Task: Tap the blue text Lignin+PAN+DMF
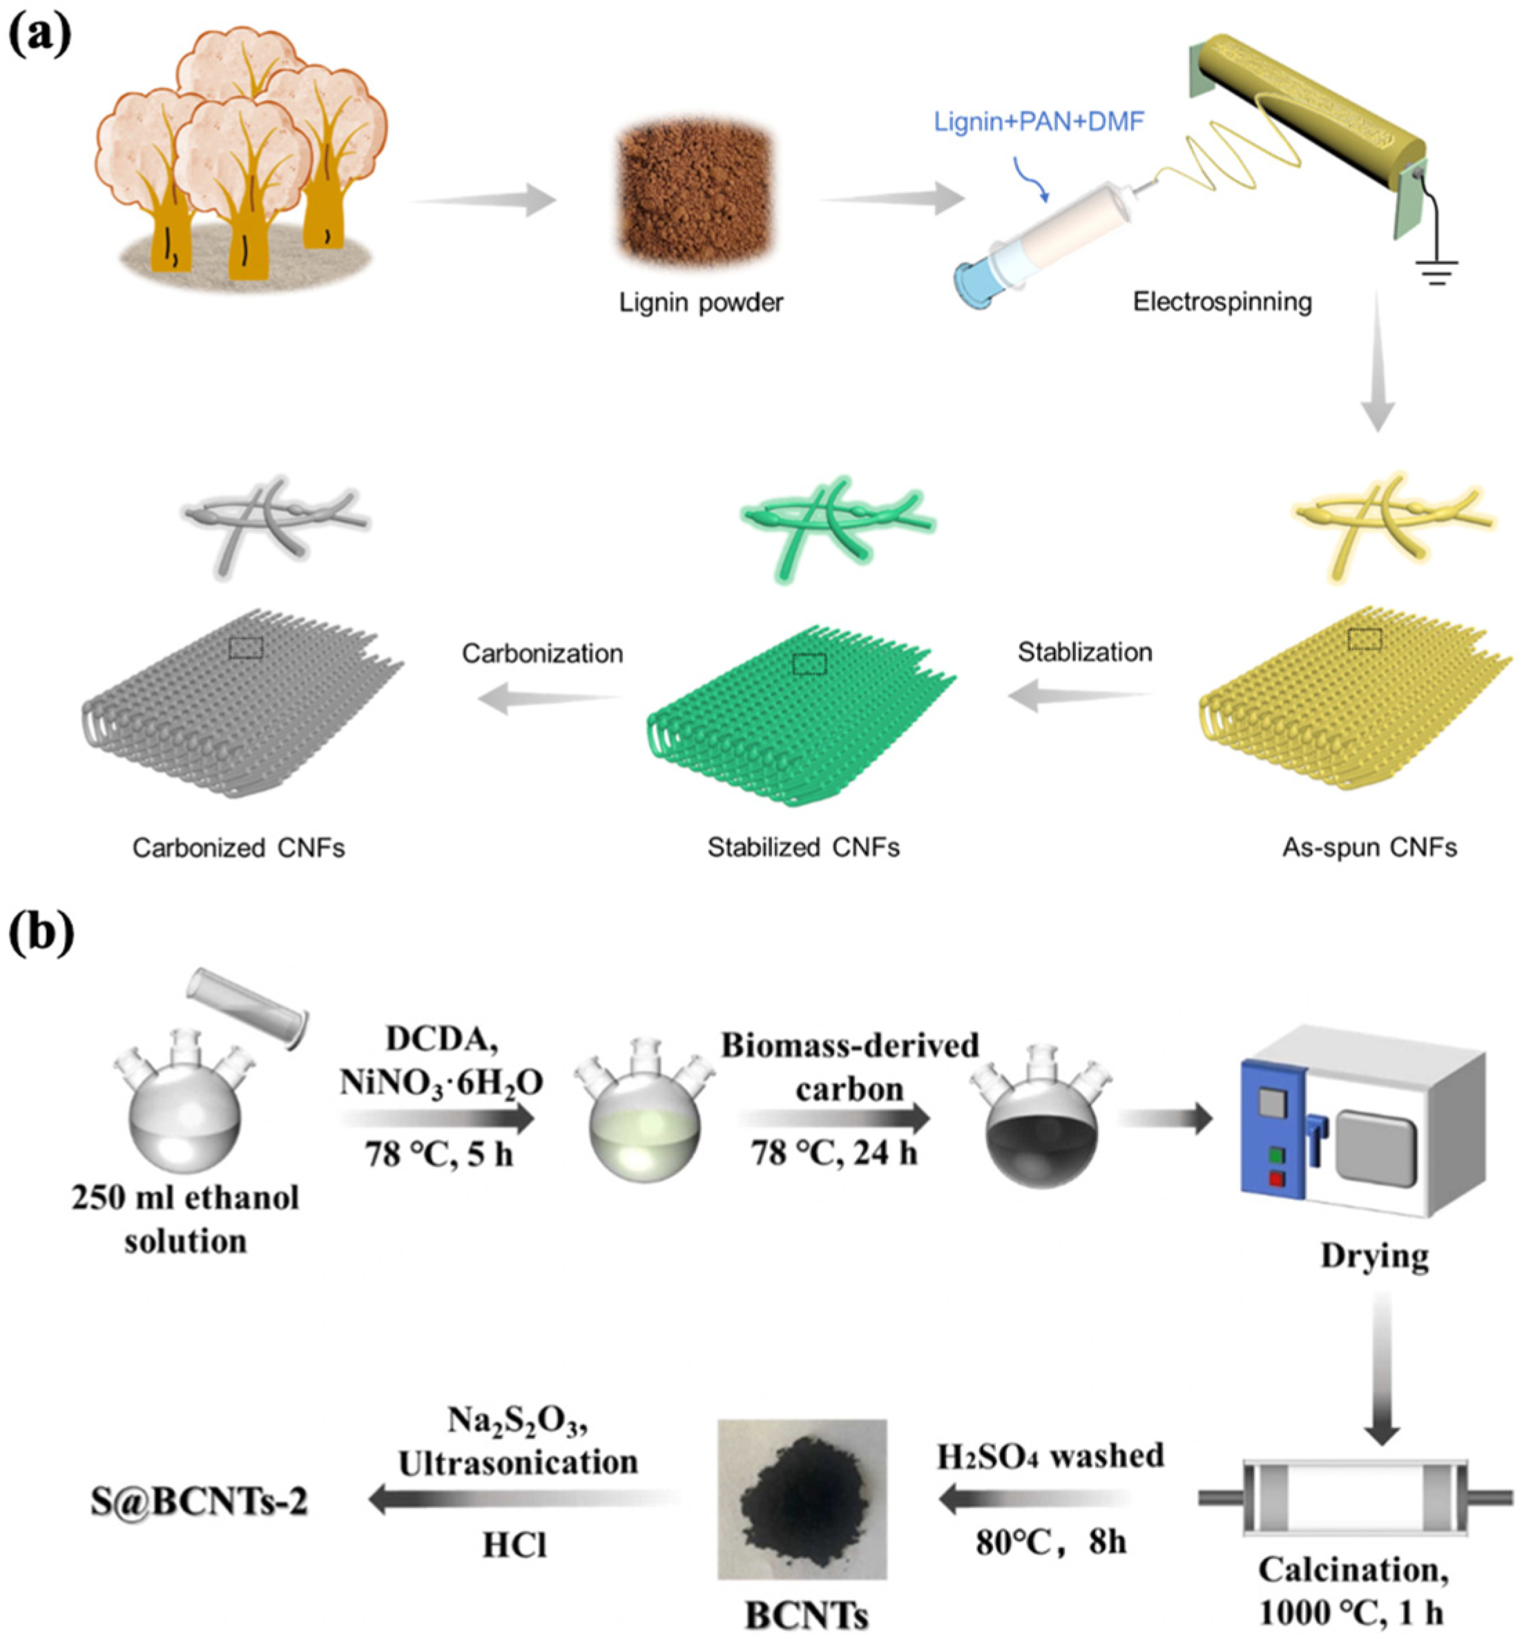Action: pyautogui.click(x=1039, y=122)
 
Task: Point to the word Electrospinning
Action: pyautogui.click(x=1222, y=302)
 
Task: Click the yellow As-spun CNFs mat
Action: pyautogui.click(x=1353, y=701)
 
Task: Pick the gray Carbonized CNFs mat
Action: pyautogui.click(x=243, y=701)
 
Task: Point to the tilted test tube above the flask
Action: pyautogui.click(x=248, y=1007)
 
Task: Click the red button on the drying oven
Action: pyautogui.click(x=1277, y=1180)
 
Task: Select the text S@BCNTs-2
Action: pyautogui.click(x=199, y=1501)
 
